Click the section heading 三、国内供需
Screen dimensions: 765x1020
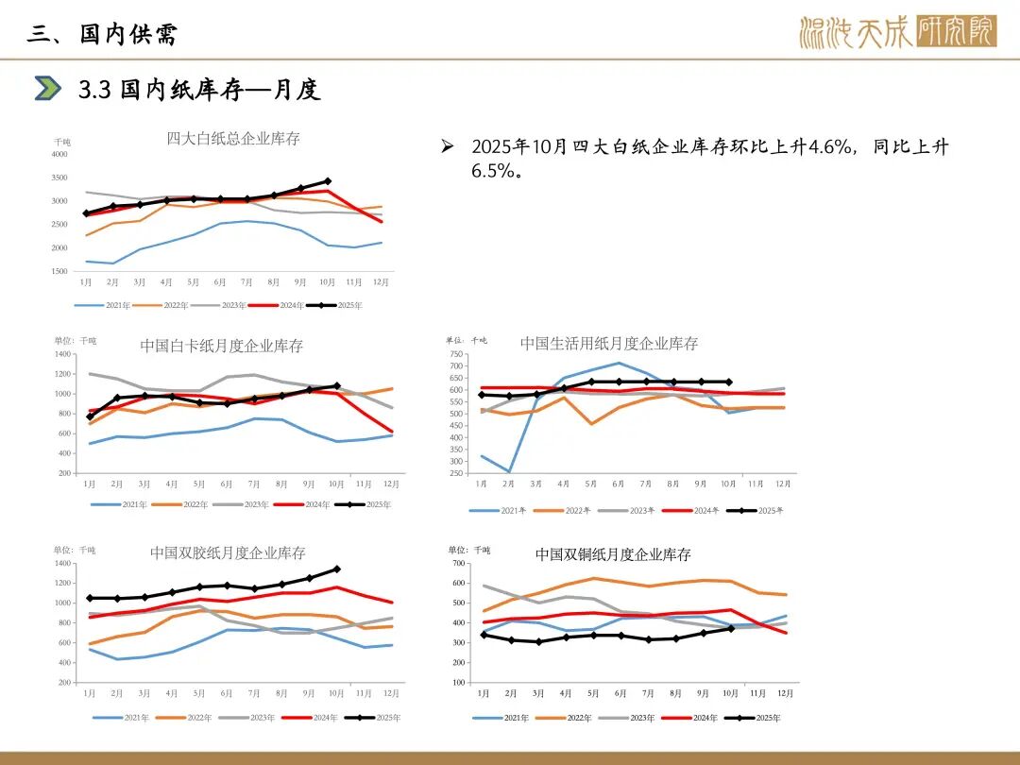click(102, 35)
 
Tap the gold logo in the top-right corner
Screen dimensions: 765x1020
click(897, 33)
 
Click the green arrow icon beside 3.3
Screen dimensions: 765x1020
click(47, 89)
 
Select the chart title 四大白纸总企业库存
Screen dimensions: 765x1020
click(233, 139)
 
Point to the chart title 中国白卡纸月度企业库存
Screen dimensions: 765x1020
click(222, 346)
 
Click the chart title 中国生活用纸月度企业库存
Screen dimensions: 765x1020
click(609, 344)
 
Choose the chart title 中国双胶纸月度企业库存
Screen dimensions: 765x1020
click(228, 553)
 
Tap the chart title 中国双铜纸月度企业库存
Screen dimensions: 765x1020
click(613, 554)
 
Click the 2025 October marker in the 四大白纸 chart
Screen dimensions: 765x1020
click(328, 180)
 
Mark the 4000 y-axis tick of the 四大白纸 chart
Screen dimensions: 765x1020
click(59, 154)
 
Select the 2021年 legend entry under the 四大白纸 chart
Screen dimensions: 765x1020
click(104, 305)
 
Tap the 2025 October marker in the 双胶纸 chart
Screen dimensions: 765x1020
click(337, 569)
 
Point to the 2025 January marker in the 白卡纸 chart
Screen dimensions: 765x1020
click(91, 416)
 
